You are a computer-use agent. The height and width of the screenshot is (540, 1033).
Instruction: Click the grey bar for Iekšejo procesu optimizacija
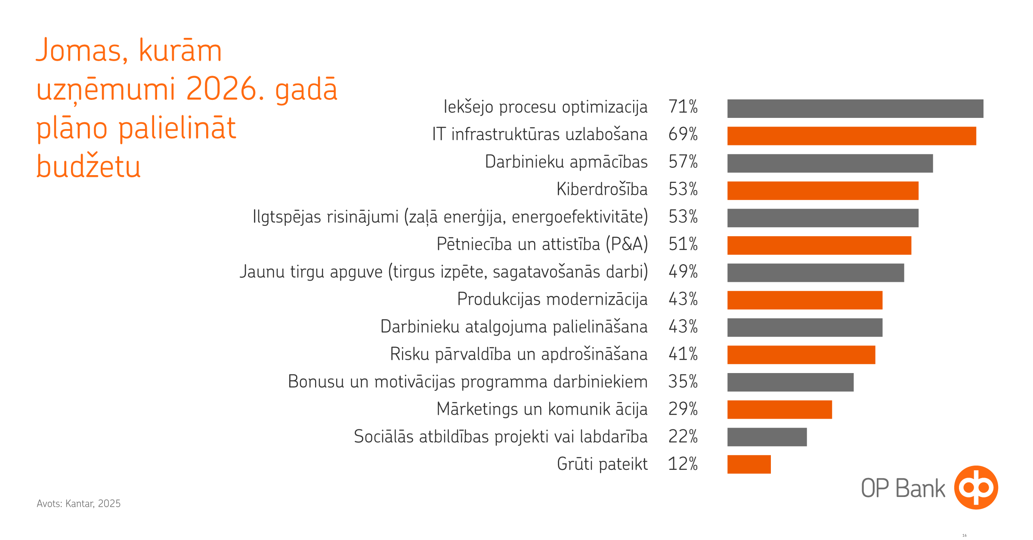pyautogui.click(x=855, y=108)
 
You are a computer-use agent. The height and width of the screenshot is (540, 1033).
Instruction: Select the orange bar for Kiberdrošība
pyautogui.click(x=823, y=191)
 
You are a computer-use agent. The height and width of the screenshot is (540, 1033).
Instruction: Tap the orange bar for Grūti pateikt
pyautogui.click(x=749, y=464)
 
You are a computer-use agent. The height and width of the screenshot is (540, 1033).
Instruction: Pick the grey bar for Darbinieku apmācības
pyautogui.click(x=830, y=164)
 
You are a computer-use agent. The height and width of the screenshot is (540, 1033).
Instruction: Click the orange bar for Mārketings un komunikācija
pyautogui.click(x=779, y=410)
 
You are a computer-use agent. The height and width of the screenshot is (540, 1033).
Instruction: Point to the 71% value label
pyautogui.click(x=683, y=107)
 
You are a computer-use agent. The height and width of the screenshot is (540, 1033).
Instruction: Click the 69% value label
pyautogui.click(x=683, y=134)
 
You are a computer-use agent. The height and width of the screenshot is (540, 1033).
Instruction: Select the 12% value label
pyautogui.click(x=683, y=464)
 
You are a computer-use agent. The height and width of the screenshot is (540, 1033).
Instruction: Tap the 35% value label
pyautogui.click(x=683, y=382)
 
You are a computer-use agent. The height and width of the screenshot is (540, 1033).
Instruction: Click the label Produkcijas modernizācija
pyautogui.click(x=552, y=299)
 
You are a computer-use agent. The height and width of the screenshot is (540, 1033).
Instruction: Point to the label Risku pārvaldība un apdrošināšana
pyautogui.click(x=519, y=354)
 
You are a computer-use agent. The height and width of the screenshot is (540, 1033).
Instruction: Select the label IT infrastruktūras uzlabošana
pyautogui.click(x=540, y=134)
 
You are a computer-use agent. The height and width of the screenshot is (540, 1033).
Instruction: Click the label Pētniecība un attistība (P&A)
pyautogui.click(x=542, y=244)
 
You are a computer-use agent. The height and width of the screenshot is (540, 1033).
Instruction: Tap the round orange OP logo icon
pyautogui.click(x=976, y=488)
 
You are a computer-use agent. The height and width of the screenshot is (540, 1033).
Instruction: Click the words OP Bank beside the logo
pyautogui.click(x=903, y=488)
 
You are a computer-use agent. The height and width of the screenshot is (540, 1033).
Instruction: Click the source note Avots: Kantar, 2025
pyautogui.click(x=78, y=503)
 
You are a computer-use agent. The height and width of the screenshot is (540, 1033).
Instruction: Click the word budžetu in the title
pyautogui.click(x=88, y=167)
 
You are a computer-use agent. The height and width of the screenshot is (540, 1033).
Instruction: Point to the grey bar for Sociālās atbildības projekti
pyautogui.click(x=767, y=437)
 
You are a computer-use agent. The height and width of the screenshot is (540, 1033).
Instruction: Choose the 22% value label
pyautogui.click(x=683, y=437)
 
